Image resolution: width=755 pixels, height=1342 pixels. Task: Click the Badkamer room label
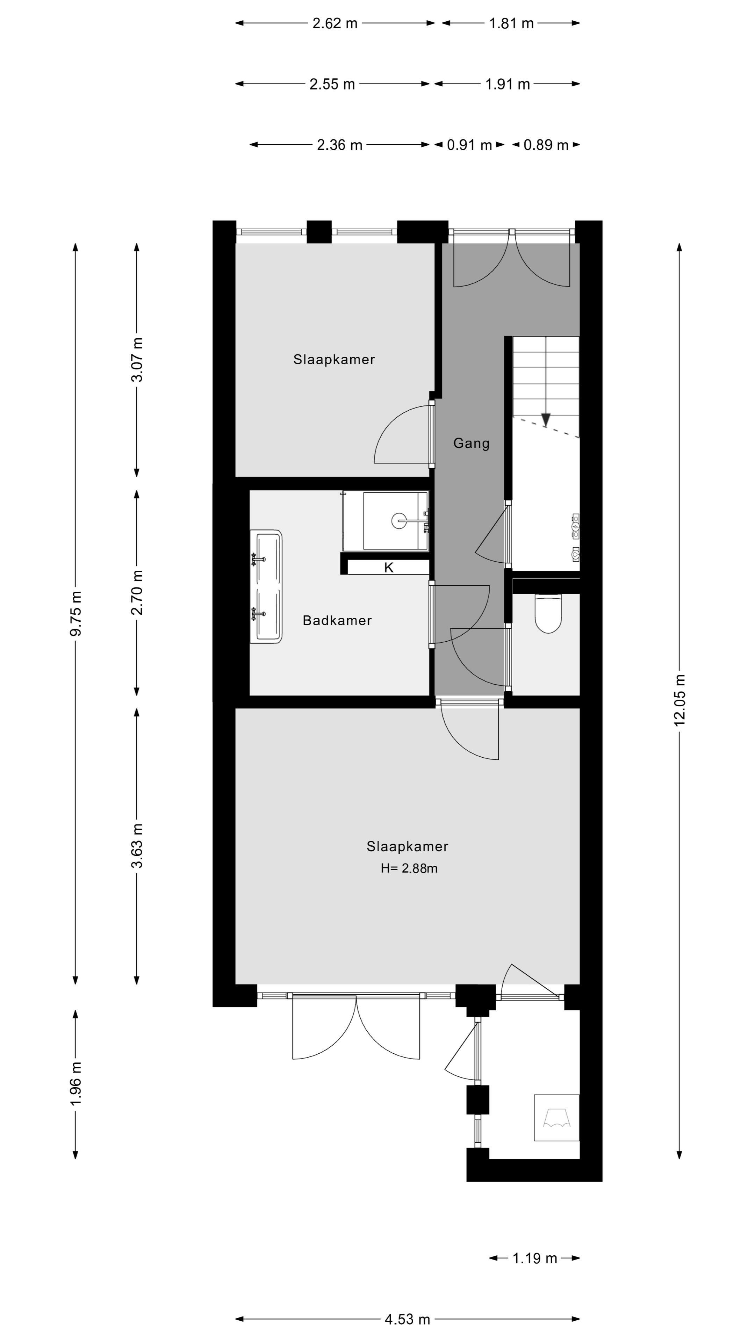tap(337, 620)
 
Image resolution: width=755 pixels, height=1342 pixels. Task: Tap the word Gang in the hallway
tap(471, 443)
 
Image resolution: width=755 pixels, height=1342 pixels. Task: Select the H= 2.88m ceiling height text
tap(409, 868)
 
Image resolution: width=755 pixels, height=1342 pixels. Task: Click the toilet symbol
tap(548, 614)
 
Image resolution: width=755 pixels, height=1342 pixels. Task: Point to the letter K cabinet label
tap(389, 568)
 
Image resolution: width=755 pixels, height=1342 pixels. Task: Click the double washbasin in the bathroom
tap(266, 587)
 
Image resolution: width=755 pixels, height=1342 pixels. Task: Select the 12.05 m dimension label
tap(679, 700)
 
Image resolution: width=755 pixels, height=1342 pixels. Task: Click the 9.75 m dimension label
tap(75, 613)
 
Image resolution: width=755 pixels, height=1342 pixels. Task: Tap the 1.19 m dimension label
tap(534, 1258)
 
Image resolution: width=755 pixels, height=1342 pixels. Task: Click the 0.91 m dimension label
tap(469, 145)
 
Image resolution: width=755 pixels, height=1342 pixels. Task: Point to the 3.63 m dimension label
tap(137, 845)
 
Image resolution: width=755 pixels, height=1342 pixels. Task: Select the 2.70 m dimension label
tap(137, 592)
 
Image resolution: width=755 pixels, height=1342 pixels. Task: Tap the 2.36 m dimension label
tap(339, 145)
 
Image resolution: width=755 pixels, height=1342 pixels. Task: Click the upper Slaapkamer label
tap(334, 360)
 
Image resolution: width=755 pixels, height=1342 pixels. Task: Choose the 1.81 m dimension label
tap(511, 23)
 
